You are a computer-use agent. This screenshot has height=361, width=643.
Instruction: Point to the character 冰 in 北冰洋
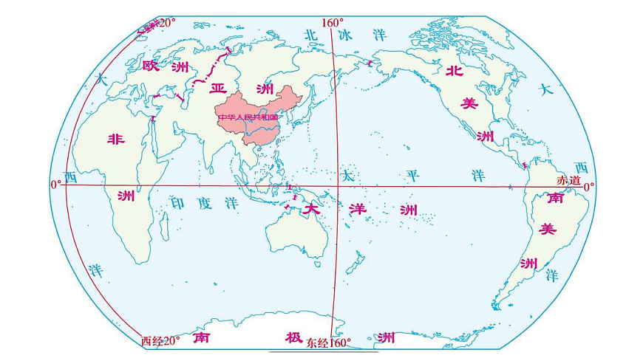pyautogui.click(x=347, y=34)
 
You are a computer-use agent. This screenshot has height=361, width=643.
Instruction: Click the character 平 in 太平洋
pyautogui.click(x=412, y=176)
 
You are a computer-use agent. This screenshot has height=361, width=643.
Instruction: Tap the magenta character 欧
pyautogui.click(x=151, y=67)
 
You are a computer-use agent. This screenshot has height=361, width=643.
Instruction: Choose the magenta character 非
pyautogui.click(x=115, y=139)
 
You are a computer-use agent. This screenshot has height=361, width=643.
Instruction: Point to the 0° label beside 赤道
pyautogui.click(x=589, y=188)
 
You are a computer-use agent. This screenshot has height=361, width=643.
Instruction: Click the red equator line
pyautogui.click(x=443, y=185)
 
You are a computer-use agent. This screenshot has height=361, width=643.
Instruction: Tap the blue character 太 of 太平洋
pyautogui.click(x=347, y=176)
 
